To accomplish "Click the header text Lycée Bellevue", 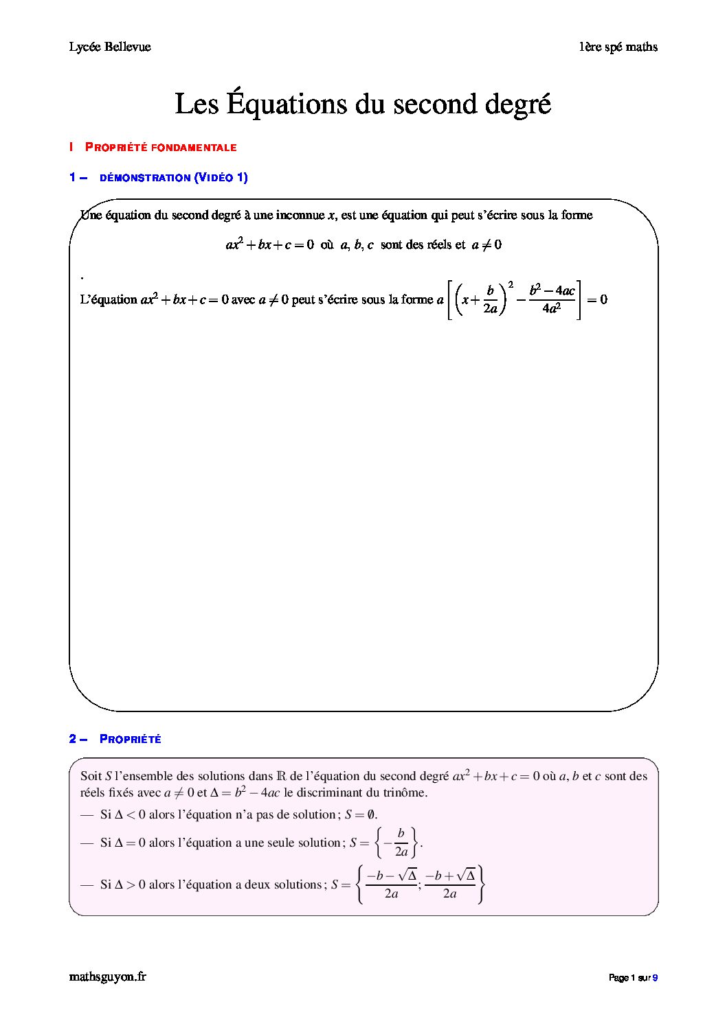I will point(110,47).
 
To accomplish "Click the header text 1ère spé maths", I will point(618,47).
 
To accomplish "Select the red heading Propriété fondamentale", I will point(160,147).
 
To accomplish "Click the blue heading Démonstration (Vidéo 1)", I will point(173,178).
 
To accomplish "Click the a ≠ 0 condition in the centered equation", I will point(486,244).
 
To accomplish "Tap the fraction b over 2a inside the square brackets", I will point(490,299).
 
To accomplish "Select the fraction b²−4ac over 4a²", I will point(552,299).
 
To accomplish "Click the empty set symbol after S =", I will point(371,815).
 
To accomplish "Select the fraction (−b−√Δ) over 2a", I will point(391,884).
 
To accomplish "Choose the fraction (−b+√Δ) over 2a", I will point(450,884).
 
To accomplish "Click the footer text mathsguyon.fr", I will point(108,976).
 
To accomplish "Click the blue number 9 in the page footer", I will point(655,978).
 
